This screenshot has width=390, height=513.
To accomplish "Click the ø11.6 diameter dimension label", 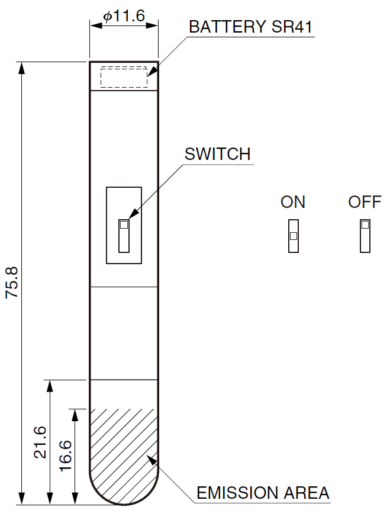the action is coord(124,16).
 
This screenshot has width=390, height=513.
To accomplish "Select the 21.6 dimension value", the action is coord(40,442).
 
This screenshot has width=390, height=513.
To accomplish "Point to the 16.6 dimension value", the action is coord(66,456).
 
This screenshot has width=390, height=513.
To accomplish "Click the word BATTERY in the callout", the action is coord(227,27).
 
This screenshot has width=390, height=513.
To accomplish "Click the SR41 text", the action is coord(292,27).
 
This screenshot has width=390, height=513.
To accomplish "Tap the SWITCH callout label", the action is coord(218,154).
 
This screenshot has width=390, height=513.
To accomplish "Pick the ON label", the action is coord(293,202).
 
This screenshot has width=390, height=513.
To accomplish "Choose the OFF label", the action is coord(365,202).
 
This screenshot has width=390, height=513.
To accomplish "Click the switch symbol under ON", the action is coord(294,236).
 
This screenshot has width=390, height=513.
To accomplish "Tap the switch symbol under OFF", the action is coord(365,236).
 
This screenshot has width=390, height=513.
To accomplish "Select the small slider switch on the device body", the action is coord(124,236).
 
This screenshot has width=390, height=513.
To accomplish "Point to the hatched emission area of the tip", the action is coord(124,455).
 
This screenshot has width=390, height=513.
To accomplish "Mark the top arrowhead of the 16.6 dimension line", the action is coord(75,415).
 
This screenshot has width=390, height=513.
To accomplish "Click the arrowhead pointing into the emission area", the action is coord(152,459).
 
